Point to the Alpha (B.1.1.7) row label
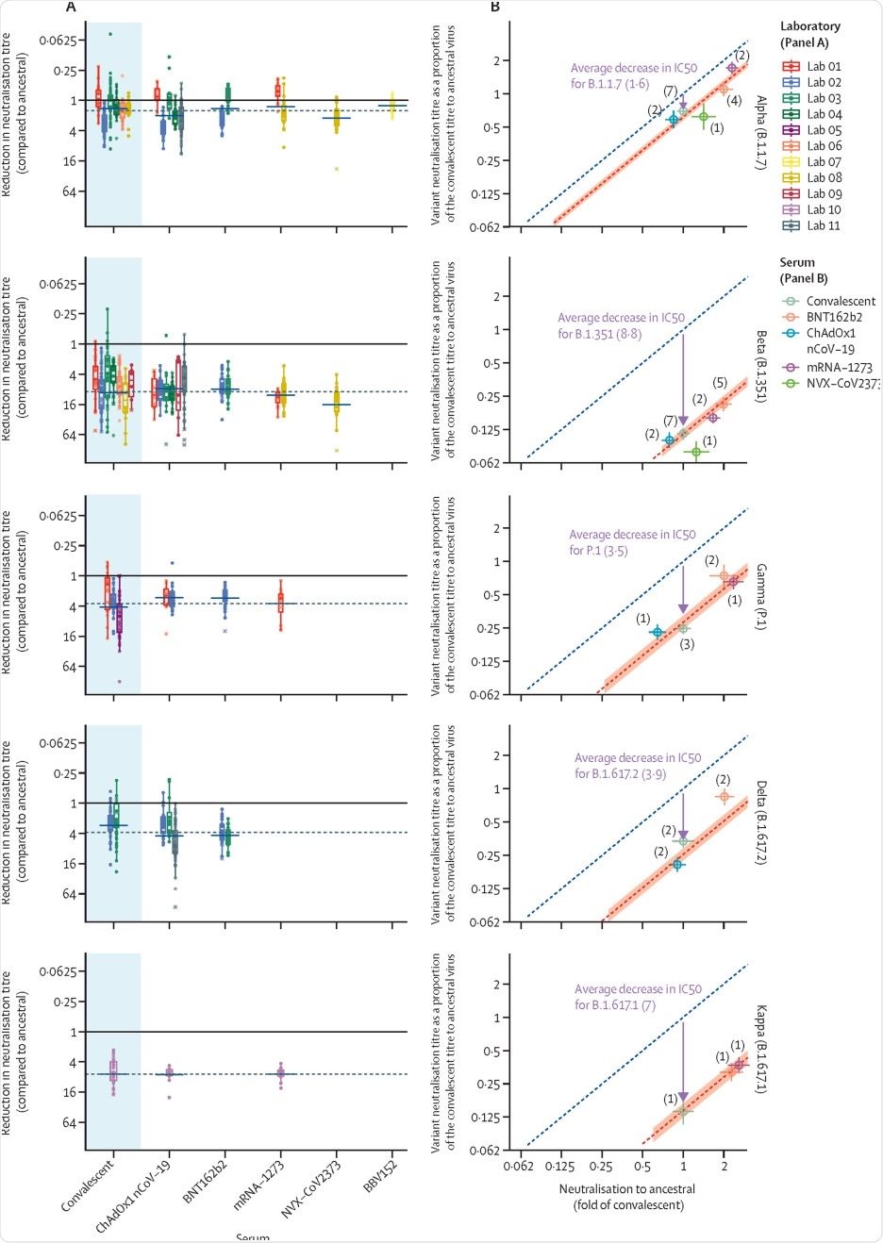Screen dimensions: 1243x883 760,131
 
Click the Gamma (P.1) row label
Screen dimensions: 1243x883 760,597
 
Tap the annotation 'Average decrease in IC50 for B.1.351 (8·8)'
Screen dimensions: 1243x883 621,325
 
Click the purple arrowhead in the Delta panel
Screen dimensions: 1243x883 683,834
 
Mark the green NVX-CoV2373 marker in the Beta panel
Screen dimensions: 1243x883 696,452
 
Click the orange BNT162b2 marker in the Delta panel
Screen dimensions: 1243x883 724,797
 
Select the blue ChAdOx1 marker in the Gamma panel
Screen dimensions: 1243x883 658,632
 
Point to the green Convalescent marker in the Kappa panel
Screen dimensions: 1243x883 682,1112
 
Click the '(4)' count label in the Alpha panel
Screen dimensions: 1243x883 734,101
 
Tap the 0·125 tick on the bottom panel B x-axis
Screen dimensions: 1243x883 560,1167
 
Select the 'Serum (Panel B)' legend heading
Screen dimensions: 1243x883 797,270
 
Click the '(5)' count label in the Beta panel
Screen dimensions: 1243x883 720,383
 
